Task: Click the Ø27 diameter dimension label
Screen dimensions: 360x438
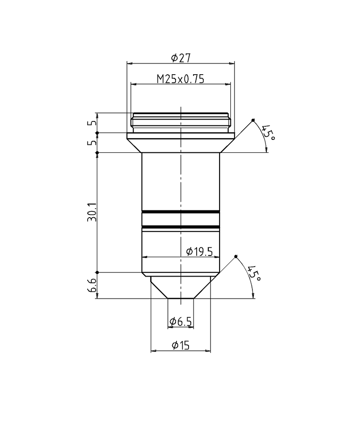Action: [x=181, y=58]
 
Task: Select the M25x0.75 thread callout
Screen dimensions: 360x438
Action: [x=180, y=79]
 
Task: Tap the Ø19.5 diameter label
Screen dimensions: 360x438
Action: [x=199, y=252]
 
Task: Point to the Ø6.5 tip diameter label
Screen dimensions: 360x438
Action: [x=180, y=322]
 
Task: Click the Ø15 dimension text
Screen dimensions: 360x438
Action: [x=180, y=345]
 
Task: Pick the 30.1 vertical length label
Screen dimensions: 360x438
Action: [x=92, y=212]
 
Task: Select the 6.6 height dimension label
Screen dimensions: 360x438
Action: [x=92, y=285]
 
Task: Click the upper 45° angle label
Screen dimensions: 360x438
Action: [x=268, y=133]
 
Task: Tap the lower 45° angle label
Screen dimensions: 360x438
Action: [x=254, y=274]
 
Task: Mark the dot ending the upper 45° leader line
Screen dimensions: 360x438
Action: [x=253, y=120]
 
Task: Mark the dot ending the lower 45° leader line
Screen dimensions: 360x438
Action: [x=236, y=256]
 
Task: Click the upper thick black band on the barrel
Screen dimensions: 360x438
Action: [x=180, y=211]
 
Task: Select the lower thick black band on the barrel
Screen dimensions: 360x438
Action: [x=180, y=226]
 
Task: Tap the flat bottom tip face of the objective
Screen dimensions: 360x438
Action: [x=180, y=298]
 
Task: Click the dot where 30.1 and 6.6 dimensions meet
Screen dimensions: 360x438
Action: [x=97, y=272]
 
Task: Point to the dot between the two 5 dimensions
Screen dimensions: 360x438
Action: [x=97, y=133]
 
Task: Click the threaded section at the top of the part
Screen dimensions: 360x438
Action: [x=181, y=122]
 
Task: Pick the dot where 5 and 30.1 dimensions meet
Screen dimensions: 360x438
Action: [x=97, y=152]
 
